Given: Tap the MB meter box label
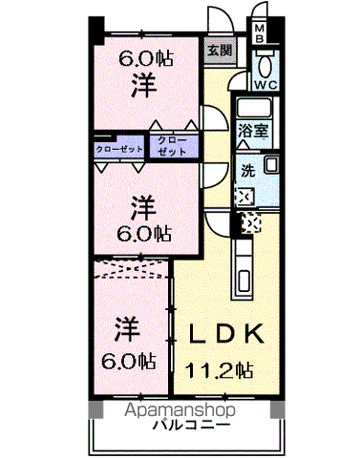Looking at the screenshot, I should click(259, 34).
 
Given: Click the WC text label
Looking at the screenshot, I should click(265, 85).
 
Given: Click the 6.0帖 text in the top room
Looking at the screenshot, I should click(146, 58).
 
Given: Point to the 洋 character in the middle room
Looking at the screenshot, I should click(142, 205).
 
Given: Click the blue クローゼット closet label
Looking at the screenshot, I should click(119, 149).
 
